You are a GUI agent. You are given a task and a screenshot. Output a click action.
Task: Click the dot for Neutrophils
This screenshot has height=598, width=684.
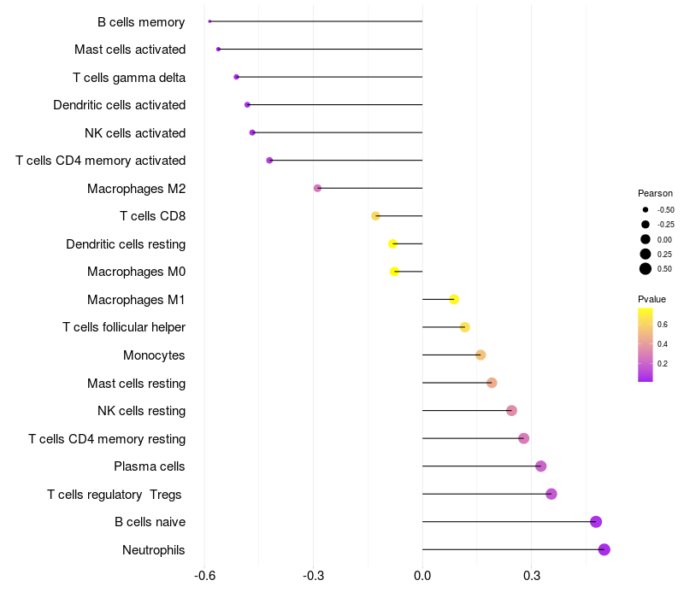click(604, 549)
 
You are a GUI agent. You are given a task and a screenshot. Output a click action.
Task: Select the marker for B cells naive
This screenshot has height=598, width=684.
click(596, 522)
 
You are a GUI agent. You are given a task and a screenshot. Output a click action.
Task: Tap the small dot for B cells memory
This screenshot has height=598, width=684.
click(209, 21)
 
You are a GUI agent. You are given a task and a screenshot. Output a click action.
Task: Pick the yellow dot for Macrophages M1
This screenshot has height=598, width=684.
click(454, 299)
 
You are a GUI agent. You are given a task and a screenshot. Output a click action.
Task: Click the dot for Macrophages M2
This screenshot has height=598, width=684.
click(317, 188)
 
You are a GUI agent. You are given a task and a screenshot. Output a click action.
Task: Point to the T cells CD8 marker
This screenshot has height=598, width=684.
click(375, 216)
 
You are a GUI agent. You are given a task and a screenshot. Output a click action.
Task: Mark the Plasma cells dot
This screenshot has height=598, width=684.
click(540, 466)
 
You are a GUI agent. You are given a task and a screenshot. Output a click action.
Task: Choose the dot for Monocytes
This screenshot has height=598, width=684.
click(481, 355)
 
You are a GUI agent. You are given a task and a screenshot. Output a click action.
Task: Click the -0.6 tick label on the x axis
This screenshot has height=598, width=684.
click(204, 577)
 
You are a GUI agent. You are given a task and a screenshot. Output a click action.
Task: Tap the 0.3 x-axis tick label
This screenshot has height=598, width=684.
click(531, 577)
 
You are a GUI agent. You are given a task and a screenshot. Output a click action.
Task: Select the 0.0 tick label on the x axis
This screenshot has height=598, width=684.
click(422, 577)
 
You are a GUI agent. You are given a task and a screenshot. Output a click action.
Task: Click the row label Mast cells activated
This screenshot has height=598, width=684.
click(130, 50)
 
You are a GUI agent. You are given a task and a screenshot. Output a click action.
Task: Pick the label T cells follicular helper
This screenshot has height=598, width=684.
click(124, 327)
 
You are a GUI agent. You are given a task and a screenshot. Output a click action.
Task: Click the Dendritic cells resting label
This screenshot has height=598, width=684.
click(126, 244)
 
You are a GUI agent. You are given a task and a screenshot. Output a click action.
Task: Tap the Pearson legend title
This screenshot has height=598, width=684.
click(655, 193)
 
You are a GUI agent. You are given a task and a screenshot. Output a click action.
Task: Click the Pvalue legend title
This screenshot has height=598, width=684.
click(652, 299)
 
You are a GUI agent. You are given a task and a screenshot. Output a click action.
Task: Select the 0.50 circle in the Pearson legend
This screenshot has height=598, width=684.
click(646, 269)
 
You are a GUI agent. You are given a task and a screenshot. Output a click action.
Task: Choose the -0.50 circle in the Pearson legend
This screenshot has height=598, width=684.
click(646, 209)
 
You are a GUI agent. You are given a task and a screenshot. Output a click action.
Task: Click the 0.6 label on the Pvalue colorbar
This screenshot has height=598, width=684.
click(662, 325)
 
